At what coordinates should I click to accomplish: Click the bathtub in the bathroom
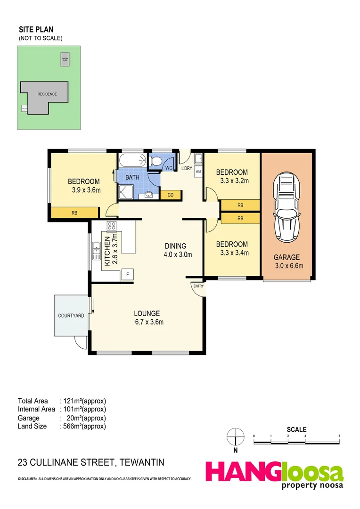133,161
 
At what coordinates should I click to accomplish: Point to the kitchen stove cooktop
112,226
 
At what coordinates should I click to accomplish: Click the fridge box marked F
127,274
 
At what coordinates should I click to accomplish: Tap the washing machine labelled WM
198,172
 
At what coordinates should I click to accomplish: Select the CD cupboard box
170,194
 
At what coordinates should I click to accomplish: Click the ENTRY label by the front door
198,286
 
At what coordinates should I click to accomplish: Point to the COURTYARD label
71,315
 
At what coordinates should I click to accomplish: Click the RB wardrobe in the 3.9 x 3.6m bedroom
74,213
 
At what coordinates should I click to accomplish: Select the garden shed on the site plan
64,59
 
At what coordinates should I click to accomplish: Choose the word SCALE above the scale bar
297,429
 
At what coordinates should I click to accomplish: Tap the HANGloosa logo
274,473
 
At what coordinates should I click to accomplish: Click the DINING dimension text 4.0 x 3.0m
175,254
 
